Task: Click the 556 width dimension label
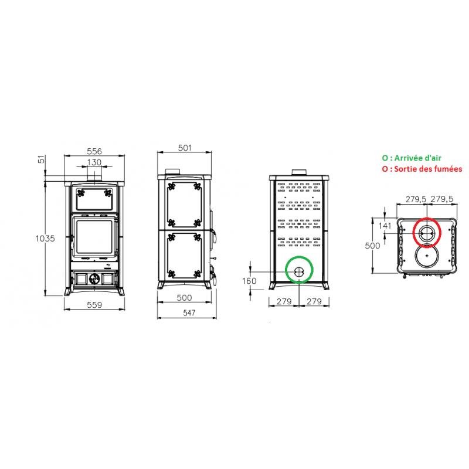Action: [94, 151]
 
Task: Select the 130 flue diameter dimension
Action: [94, 162]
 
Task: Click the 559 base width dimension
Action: [94, 304]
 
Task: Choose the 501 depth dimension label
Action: [184, 148]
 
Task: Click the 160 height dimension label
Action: [250, 281]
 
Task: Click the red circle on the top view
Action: [427, 233]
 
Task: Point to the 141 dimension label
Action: [385, 226]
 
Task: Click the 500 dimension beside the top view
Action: [373, 246]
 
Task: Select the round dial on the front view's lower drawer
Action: [94, 279]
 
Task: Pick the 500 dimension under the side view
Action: [184, 298]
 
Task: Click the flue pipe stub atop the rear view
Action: [299, 172]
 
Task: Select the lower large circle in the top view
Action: [427, 256]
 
